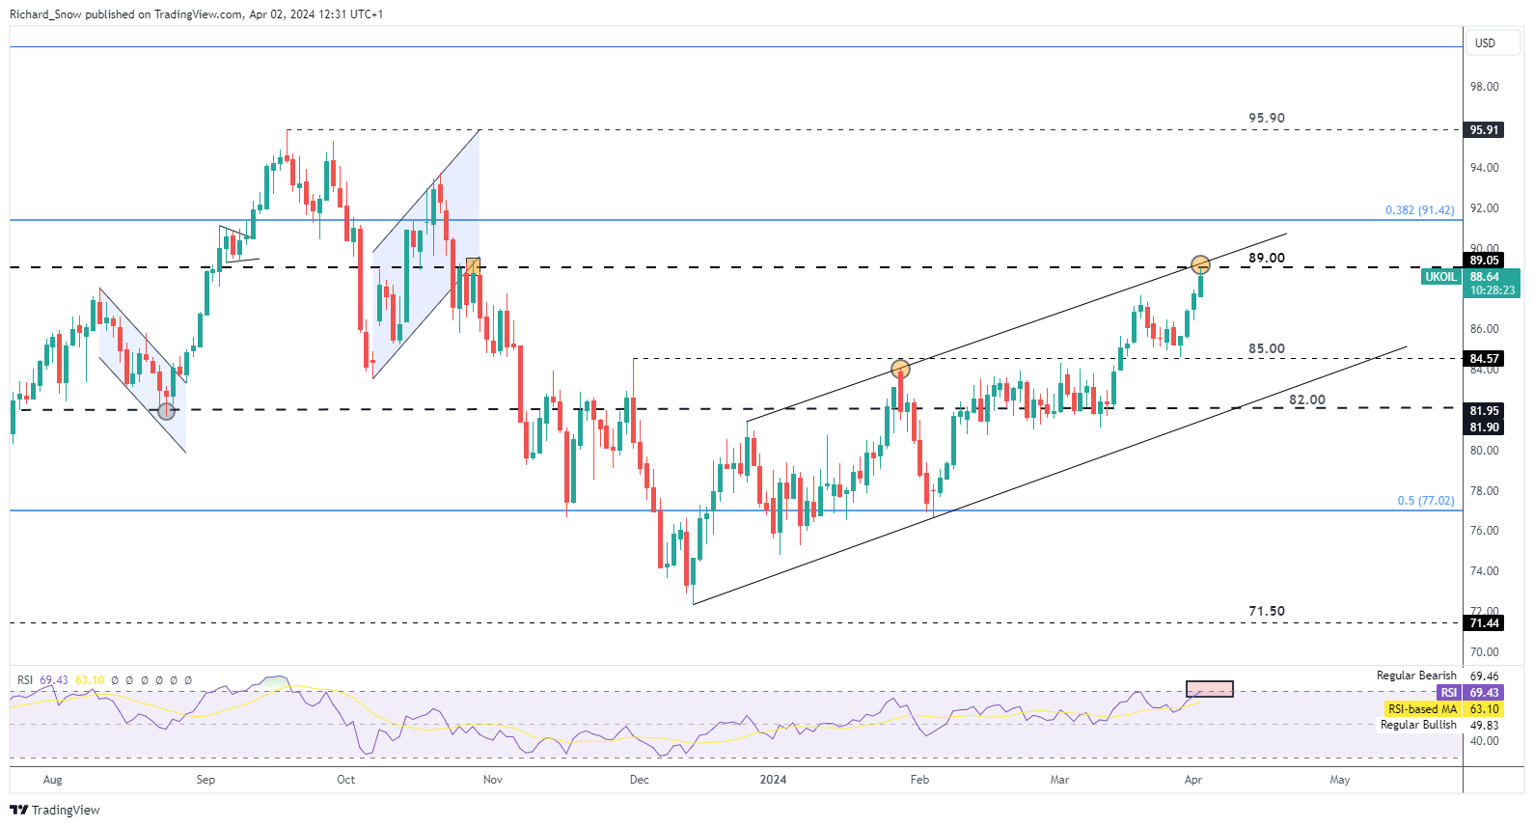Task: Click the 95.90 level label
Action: point(1266,119)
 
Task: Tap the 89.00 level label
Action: point(1266,259)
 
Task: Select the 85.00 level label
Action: point(1266,349)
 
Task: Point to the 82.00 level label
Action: point(1306,400)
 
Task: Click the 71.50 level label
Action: point(1266,612)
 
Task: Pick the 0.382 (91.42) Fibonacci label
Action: point(1419,210)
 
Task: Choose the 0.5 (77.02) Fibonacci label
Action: point(1425,501)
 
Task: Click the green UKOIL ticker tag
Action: point(1440,277)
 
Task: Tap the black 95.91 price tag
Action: point(1484,130)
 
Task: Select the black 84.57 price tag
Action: point(1484,359)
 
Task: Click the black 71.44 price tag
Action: point(1484,623)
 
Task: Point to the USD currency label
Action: point(1485,43)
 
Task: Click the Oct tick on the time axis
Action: point(345,780)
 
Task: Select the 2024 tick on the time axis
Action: point(773,780)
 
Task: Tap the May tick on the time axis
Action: point(1339,780)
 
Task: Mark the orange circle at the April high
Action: point(1200,264)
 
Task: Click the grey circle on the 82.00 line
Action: point(167,411)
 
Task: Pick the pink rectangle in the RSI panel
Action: point(1209,689)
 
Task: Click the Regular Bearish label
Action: point(1415,675)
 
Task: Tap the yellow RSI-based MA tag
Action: point(1422,709)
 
